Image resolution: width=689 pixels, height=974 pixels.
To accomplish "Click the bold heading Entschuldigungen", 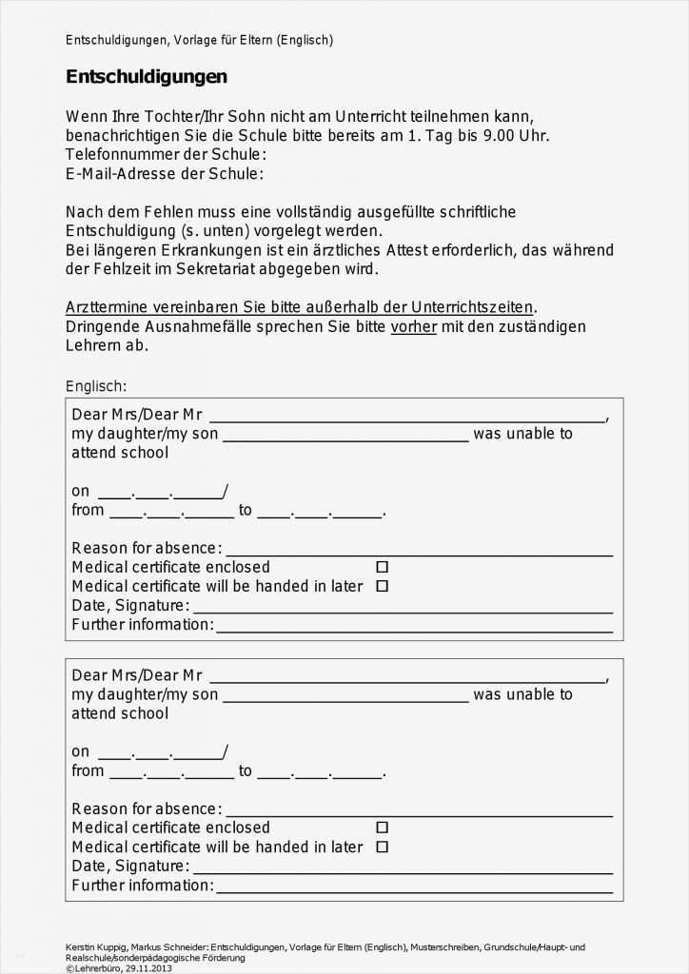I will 146,77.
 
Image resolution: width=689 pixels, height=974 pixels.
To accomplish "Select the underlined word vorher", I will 413,326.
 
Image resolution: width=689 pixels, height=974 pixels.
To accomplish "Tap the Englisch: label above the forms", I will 95,385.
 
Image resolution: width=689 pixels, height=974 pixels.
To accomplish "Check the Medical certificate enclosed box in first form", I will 382,567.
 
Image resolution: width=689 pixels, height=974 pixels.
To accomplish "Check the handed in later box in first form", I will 382,586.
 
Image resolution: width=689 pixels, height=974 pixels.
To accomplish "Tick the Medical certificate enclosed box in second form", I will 382,828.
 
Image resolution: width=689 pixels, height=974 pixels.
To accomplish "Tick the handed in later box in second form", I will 382,847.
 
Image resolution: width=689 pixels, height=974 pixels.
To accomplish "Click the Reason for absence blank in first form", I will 419,551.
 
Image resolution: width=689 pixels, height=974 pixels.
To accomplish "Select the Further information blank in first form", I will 414,627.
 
